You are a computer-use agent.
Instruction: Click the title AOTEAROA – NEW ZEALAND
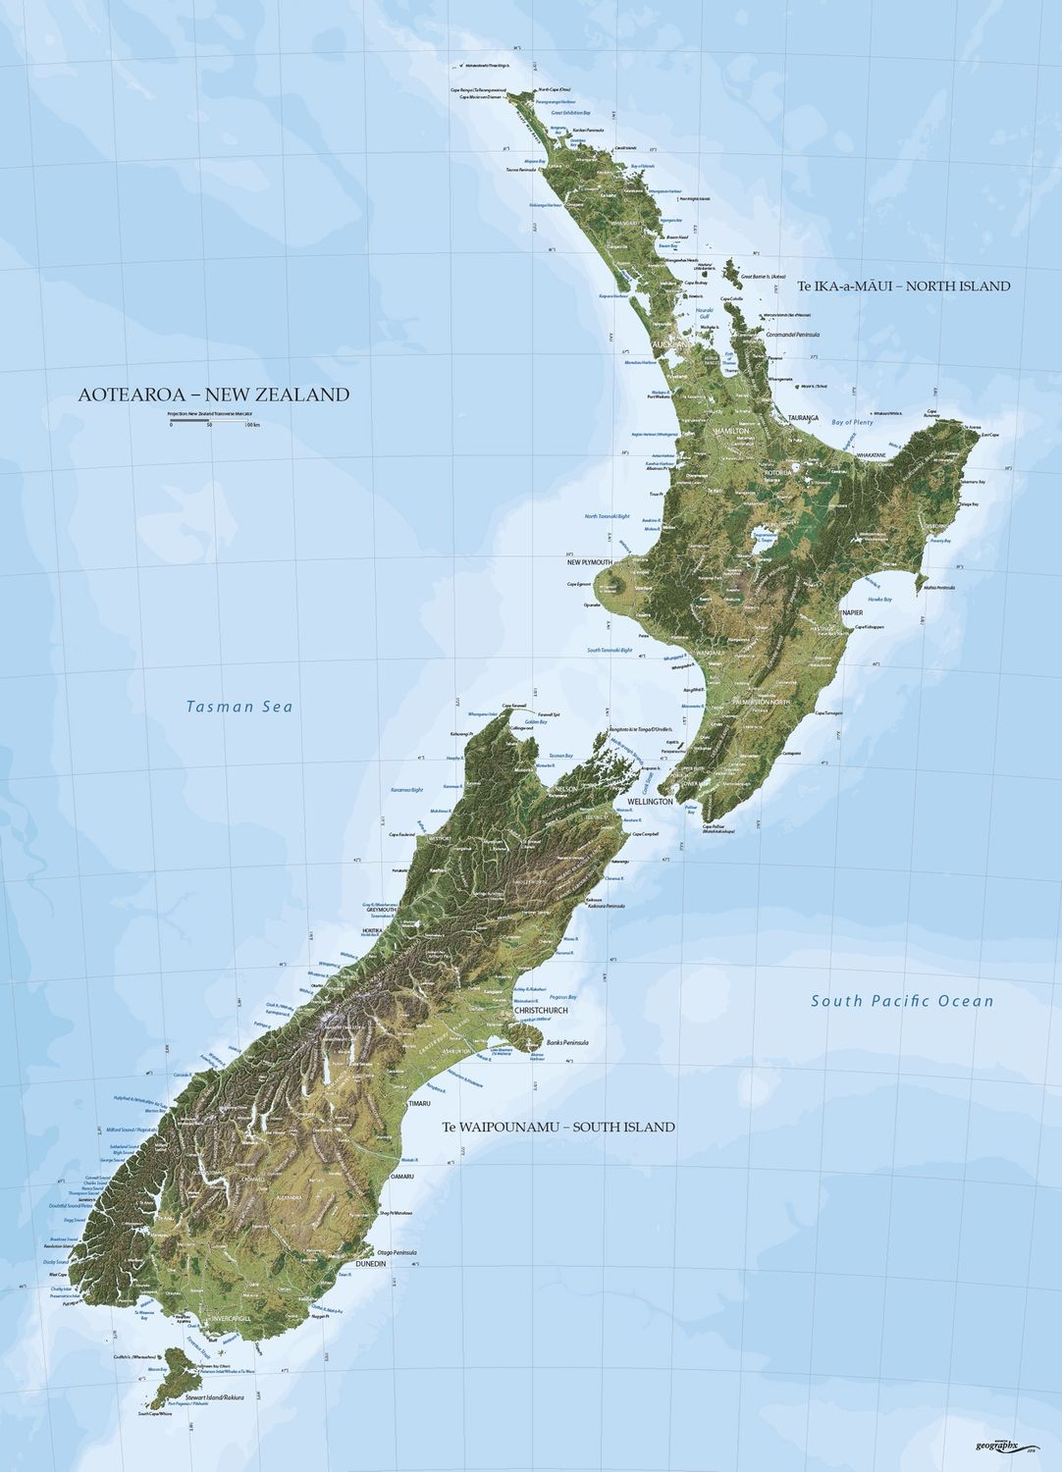[213, 394]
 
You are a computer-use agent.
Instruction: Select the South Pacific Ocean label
[901, 1001]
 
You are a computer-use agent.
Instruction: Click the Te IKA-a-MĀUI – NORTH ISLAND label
[904, 287]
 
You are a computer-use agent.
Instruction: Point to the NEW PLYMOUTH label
[589, 563]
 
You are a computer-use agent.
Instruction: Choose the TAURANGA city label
[802, 418]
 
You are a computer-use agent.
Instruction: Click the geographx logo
[1003, 1444]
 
